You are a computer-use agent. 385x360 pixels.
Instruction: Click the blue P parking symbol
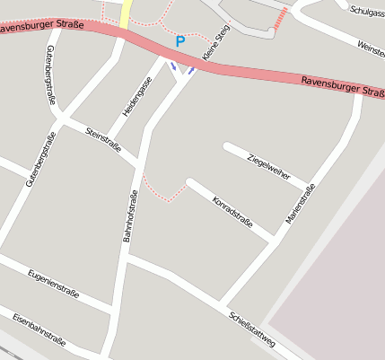pyautogui.click(x=180, y=41)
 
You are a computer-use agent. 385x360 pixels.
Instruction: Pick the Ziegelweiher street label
pyautogui.click(x=268, y=165)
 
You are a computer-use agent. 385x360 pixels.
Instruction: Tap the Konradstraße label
pyautogui.click(x=232, y=212)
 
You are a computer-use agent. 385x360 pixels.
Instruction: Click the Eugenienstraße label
pyautogui.click(x=53, y=283)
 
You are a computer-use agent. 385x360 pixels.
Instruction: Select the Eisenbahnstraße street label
pyautogui.click(x=39, y=329)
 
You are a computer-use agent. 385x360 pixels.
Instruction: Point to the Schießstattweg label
pyautogui.click(x=251, y=329)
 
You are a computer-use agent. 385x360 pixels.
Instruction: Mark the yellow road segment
pyautogui.click(x=126, y=13)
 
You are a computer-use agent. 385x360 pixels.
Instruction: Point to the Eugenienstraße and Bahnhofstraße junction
pyautogui.click(x=114, y=311)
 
